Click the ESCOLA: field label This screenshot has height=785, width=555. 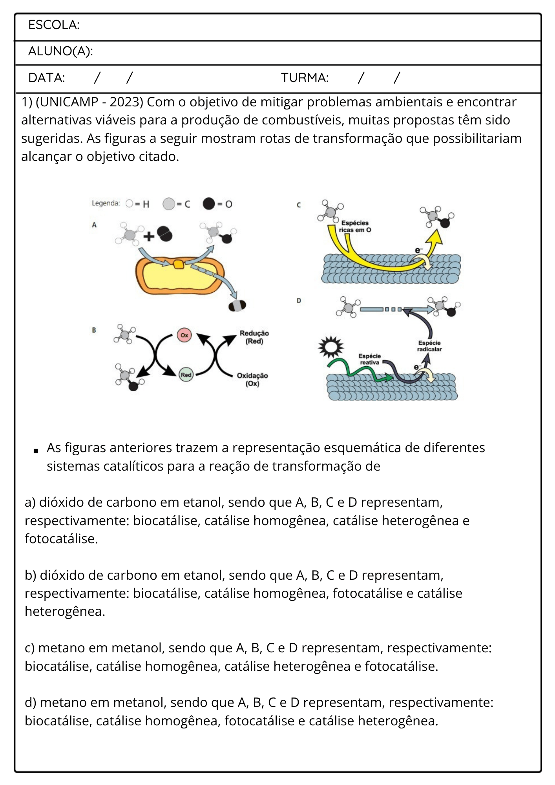pos(54,25)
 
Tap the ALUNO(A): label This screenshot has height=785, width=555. pos(60,51)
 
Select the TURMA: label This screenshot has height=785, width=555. pos(305,78)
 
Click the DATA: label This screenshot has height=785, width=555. pos(46,78)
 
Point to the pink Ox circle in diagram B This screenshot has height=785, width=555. pos(184,335)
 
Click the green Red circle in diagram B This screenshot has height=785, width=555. pos(186,375)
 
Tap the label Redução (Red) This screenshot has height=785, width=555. pos(254,337)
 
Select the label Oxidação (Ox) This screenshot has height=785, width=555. pos(252,380)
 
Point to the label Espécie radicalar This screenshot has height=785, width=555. pos(429,346)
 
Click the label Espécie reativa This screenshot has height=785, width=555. pos(370,359)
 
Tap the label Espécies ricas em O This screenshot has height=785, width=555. pos(355,226)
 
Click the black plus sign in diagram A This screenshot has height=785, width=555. pos(149,236)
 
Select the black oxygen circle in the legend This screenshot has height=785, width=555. pos(209,204)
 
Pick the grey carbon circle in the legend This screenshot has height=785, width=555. pos(169,204)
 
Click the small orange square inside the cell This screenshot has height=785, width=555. pos(179,265)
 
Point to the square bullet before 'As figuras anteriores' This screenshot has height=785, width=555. pos(36,451)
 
